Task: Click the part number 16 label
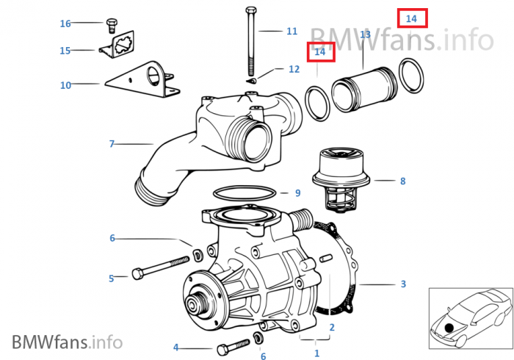(65, 24)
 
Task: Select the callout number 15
(65, 51)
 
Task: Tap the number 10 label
(65, 85)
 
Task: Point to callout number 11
(292, 32)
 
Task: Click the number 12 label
(294, 69)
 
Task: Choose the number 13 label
(365, 35)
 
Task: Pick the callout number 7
(112, 144)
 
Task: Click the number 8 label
(402, 180)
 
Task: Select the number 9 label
(297, 193)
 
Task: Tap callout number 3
(402, 284)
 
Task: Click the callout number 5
(112, 278)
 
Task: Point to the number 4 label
(175, 347)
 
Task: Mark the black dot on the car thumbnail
(449, 325)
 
